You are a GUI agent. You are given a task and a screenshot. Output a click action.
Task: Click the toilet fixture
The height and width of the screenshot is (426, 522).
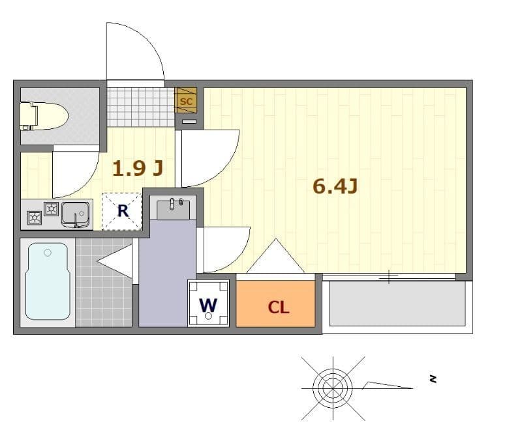(x=44, y=116)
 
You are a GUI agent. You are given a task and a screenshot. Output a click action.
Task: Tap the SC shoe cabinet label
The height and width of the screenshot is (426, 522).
(x=186, y=101)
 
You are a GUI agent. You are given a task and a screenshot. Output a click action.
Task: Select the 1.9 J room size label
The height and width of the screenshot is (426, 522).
(x=138, y=168)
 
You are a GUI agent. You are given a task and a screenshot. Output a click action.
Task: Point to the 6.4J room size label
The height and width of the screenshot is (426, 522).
(x=335, y=186)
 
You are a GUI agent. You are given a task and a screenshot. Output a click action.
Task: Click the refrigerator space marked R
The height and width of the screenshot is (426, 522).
(x=122, y=211)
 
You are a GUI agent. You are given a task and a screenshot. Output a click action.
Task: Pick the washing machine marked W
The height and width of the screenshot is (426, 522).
(x=208, y=304)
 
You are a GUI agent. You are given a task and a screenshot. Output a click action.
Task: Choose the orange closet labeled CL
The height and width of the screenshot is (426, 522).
(x=275, y=304)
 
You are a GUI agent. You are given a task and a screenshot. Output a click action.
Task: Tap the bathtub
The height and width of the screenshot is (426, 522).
(x=48, y=281)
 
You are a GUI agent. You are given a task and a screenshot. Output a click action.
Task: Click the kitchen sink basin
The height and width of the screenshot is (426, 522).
(x=75, y=214)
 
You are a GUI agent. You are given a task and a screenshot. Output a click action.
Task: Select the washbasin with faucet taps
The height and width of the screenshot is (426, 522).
(x=173, y=208)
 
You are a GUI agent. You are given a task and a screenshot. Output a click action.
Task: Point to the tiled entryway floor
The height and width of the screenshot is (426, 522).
(x=141, y=107)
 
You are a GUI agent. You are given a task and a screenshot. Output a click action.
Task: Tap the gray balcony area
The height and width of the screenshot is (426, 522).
(x=398, y=304)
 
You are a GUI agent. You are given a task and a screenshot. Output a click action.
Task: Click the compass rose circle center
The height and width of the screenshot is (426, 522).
(x=333, y=388)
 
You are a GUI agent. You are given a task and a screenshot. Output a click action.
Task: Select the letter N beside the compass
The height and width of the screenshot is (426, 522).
(x=433, y=379)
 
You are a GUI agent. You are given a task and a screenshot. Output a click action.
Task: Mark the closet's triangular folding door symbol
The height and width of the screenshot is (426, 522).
(x=275, y=256)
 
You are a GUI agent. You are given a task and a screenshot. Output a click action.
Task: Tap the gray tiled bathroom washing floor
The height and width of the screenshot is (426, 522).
(x=104, y=283)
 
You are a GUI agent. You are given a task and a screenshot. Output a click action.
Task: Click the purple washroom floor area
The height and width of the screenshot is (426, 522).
(x=163, y=273)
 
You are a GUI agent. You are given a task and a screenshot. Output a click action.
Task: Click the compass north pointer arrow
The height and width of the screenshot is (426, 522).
(x=387, y=386)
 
